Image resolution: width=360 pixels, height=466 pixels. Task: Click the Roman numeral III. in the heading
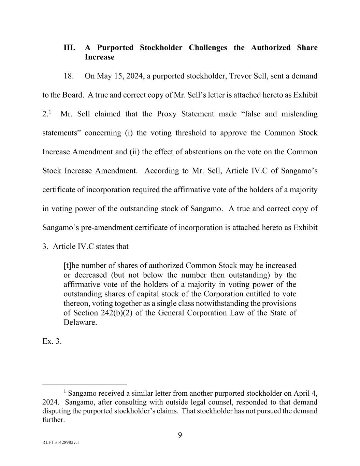pyautogui.click(x=69, y=48)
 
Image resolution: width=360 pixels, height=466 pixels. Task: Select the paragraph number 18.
pyautogui.click(x=69, y=76)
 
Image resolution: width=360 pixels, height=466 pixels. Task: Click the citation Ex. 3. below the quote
pyautogui.click(x=52, y=341)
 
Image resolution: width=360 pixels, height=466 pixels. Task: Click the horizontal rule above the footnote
pyautogui.click(x=84, y=384)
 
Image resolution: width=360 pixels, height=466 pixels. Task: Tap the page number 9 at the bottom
pyautogui.click(x=180, y=435)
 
